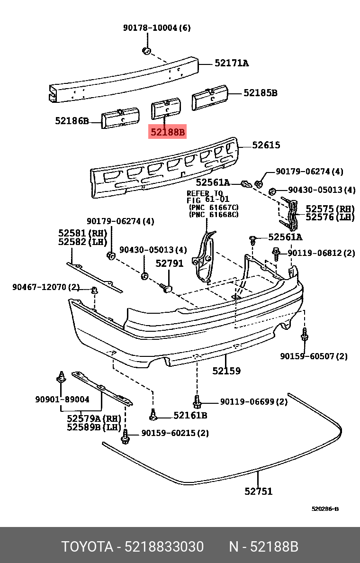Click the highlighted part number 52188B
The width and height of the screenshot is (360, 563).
point(168,132)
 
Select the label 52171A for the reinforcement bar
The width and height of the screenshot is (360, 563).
point(231,63)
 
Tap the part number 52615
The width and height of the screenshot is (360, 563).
point(266,145)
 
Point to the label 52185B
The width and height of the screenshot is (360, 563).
point(260,93)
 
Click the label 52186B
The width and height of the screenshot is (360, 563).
point(72,121)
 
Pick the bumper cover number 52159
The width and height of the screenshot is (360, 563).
point(226,371)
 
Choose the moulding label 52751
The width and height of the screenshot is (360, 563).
point(258,491)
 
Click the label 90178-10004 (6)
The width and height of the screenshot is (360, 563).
point(157,28)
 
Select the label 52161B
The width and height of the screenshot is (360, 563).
point(190,416)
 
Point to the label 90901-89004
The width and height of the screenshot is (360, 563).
point(62,400)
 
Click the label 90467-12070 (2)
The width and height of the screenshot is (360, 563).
point(46,287)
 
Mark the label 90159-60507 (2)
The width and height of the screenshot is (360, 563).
point(313,356)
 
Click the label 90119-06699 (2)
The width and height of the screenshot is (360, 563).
point(253,402)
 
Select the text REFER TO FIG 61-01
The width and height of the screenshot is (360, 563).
point(205,197)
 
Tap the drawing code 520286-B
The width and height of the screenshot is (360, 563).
point(325,509)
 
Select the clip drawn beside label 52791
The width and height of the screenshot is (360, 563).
point(167,288)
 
